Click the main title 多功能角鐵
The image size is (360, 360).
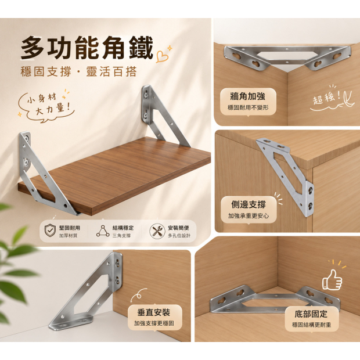click(87, 48)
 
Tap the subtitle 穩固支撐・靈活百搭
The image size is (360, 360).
click(79, 71)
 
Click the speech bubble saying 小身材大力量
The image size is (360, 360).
click(46, 106)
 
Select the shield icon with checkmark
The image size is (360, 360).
click(50, 231)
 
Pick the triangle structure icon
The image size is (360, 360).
click(103, 231)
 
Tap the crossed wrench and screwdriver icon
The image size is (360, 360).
click(157, 231)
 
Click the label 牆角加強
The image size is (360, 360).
click(248, 96)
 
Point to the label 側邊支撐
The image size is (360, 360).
click(249, 204)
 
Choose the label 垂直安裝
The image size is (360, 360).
click(154, 312)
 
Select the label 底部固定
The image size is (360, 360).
click(311, 314)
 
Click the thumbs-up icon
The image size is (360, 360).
click(332, 280)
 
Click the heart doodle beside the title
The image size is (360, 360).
click(162, 56)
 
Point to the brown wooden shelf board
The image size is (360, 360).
click(115, 175)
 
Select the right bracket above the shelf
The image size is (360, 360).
click(164, 116)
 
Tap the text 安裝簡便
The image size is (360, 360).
click(178, 228)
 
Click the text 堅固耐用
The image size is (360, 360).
click(70, 228)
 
